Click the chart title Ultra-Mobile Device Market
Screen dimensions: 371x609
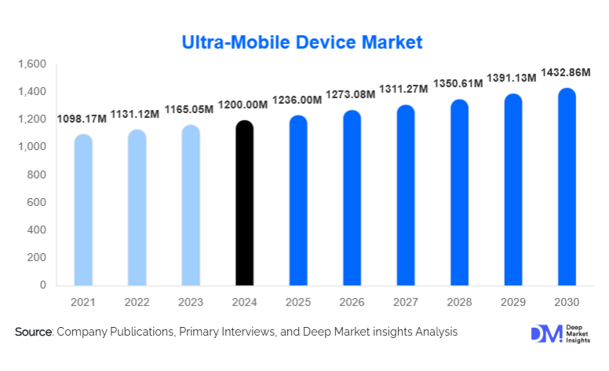tap(302, 41)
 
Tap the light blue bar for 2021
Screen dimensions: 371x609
tap(83, 210)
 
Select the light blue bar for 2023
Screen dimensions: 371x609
tap(191, 205)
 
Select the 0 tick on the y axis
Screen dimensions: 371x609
tap(43, 285)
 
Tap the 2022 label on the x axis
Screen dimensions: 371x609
tap(137, 302)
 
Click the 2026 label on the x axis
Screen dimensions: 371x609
tap(352, 302)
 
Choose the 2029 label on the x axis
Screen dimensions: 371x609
tap(512, 302)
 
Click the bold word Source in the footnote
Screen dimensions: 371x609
tap(32, 333)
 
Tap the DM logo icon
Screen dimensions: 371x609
tap(546, 333)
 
